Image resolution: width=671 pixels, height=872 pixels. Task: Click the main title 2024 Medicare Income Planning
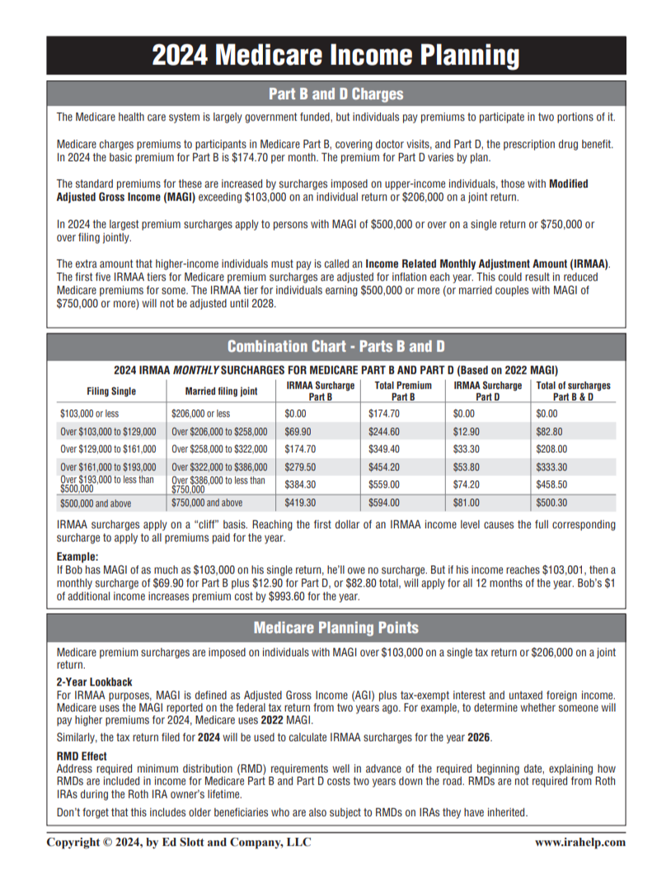pyautogui.click(x=335, y=55)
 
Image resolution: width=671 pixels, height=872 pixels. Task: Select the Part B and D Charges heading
pyautogui.click(x=335, y=93)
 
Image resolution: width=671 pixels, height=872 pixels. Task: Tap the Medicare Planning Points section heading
pyautogui.click(x=335, y=628)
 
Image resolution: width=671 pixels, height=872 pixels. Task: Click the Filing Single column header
pyautogui.click(x=111, y=391)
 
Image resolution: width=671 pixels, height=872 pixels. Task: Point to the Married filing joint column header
pyautogui.click(x=222, y=391)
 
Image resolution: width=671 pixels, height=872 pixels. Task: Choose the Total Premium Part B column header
pyautogui.click(x=403, y=391)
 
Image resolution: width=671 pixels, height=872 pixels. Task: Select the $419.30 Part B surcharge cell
pyautogui.click(x=301, y=502)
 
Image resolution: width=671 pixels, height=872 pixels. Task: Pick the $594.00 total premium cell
pyautogui.click(x=383, y=502)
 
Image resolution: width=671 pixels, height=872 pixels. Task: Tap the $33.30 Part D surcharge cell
pyautogui.click(x=467, y=449)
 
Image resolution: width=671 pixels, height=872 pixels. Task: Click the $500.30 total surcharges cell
pyautogui.click(x=552, y=502)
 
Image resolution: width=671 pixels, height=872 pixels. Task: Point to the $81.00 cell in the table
pyautogui.click(x=467, y=502)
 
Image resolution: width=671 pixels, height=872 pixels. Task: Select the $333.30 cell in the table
pyautogui.click(x=552, y=467)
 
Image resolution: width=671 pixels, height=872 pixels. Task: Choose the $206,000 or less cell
pyautogui.click(x=200, y=413)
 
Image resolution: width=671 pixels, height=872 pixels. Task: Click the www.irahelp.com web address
pyautogui.click(x=579, y=842)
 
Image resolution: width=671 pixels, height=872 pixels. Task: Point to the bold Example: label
pyautogui.click(x=77, y=557)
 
